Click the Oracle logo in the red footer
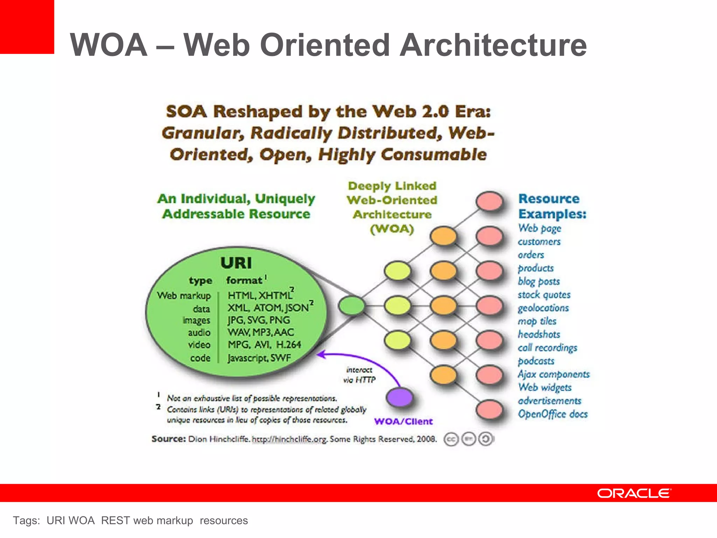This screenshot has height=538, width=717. coord(634,493)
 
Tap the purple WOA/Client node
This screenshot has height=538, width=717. coord(399,397)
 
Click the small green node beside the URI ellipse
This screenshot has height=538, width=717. coord(351,305)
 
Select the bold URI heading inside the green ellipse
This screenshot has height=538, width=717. coord(236,263)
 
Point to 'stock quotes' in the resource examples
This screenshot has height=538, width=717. coord(544,295)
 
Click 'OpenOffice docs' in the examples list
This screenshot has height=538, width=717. coord(552,414)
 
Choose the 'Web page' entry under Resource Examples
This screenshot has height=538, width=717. coord(540,228)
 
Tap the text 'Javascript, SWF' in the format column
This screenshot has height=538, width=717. coord(259,358)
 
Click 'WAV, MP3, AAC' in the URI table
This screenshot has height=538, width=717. coord(261,332)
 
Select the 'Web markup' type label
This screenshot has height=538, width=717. coord(184,296)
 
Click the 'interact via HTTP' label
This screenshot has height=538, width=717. coord(359,375)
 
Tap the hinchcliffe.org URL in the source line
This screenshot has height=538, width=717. coord(290,439)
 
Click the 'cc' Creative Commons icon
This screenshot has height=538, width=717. coord(451,439)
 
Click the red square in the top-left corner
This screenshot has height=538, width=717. coord(27,27)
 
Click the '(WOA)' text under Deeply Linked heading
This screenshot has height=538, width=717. coord(392,229)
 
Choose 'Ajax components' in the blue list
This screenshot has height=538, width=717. coord(554,374)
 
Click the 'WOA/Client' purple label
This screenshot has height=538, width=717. coord(403,421)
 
